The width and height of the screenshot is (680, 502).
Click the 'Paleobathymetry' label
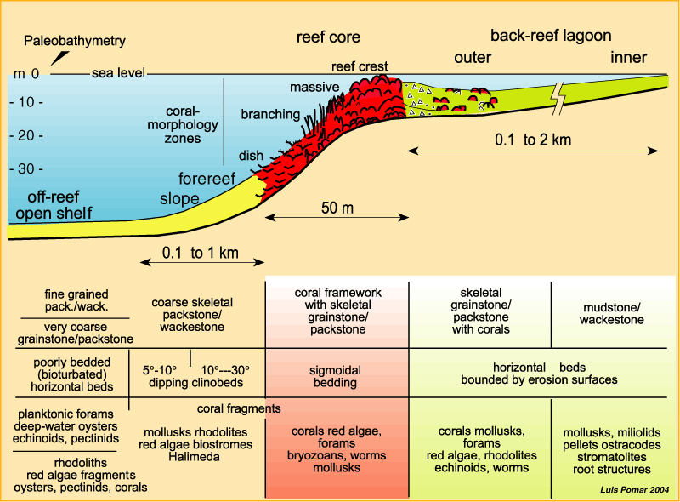[75, 40]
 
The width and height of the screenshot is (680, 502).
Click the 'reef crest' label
[360, 66]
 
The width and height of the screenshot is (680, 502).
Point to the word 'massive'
[314, 87]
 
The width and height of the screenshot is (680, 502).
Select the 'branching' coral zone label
[270, 114]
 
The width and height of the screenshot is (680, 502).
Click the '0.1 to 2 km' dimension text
[533, 139]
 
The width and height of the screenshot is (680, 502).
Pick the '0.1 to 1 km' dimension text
[200, 253]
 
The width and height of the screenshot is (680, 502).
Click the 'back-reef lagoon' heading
[551, 36]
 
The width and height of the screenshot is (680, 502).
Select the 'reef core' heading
[328, 37]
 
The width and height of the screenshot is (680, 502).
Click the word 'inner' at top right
[628, 58]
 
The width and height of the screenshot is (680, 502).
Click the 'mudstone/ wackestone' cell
[611, 313]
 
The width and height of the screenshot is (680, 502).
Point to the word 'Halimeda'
[200, 457]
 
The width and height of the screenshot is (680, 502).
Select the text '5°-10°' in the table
[159, 370]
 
